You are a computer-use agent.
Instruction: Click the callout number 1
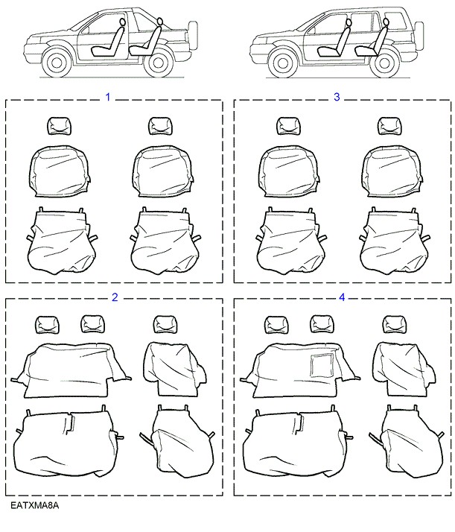point(108,98)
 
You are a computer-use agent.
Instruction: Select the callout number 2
point(115,297)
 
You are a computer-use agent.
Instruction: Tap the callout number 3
point(337,97)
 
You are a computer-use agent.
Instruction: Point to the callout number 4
point(342,297)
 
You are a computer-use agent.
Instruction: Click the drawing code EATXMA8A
point(34,505)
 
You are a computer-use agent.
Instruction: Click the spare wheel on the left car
point(193,36)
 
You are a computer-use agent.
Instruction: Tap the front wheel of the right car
point(282,63)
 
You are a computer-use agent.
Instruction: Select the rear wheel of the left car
point(158,63)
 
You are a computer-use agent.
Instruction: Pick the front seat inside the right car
point(334,38)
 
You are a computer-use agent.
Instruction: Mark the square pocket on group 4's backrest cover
point(322,365)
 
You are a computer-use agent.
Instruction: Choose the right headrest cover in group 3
point(391,126)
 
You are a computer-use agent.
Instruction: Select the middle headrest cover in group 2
point(93,324)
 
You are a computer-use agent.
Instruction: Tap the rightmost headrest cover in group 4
point(395,324)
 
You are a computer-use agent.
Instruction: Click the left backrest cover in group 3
point(289,171)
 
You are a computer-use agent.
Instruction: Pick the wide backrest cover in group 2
point(71,370)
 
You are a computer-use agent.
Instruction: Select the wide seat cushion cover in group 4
point(298,440)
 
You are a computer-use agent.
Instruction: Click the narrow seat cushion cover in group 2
point(177,441)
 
